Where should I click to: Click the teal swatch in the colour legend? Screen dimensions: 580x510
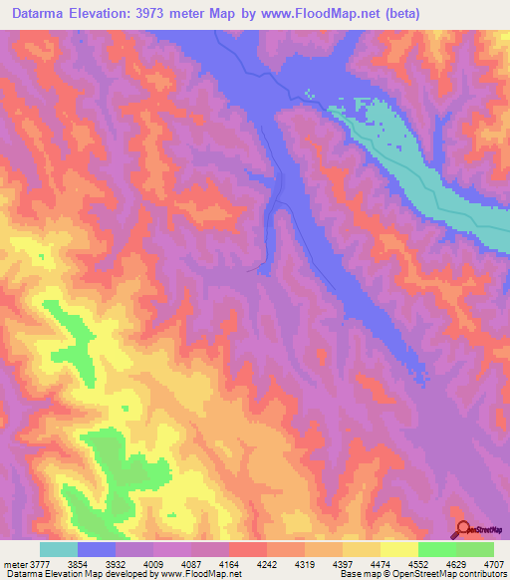click(59, 549)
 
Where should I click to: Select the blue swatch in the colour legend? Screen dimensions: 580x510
click(97, 549)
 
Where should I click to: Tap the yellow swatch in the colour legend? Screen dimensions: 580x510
click(398, 549)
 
